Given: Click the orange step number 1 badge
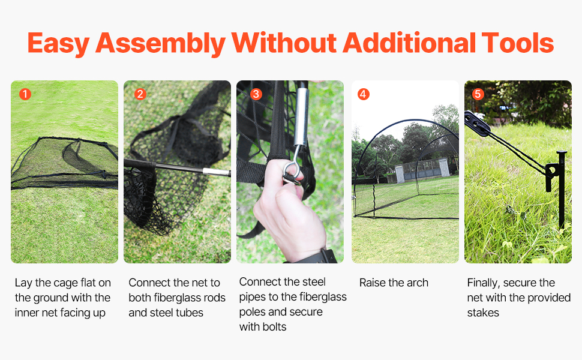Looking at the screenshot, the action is (x=25, y=94).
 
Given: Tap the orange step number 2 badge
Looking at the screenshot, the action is (x=140, y=94).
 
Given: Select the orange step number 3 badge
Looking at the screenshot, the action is (x=256, y=94).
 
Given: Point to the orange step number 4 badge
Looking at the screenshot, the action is (x=364, y=94).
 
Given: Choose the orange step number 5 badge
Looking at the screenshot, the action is (x=478, y=94).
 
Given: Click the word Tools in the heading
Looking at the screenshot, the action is (x=518, y=43).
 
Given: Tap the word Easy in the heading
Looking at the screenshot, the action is (x=58, y=44).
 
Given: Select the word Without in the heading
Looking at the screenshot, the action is (x=284, y=43).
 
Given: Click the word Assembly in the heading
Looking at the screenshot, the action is (x=160, y=44).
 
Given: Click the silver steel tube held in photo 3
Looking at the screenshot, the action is (x=301, y=117).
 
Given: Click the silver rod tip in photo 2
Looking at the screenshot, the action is (x=217, y=172).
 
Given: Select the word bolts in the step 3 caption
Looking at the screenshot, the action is (x=274, y=326).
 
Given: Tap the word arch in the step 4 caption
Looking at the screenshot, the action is (x=418, y=283).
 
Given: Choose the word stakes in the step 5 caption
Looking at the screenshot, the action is (x=483, y=313).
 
